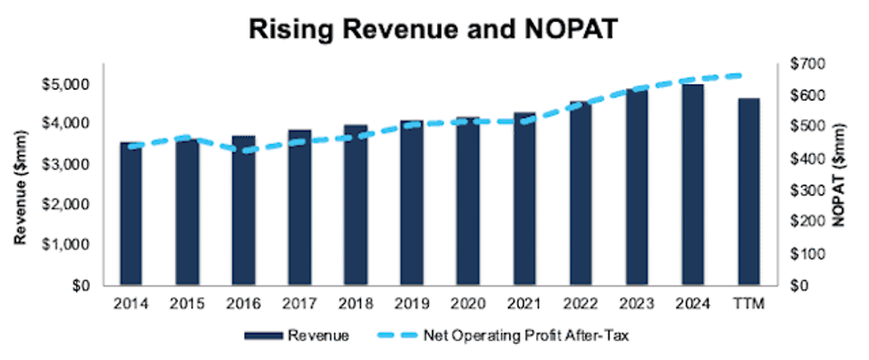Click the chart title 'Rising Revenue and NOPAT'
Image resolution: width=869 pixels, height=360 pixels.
(x=434, y=29)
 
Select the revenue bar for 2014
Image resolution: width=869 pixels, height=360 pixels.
(x=132, y=214)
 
